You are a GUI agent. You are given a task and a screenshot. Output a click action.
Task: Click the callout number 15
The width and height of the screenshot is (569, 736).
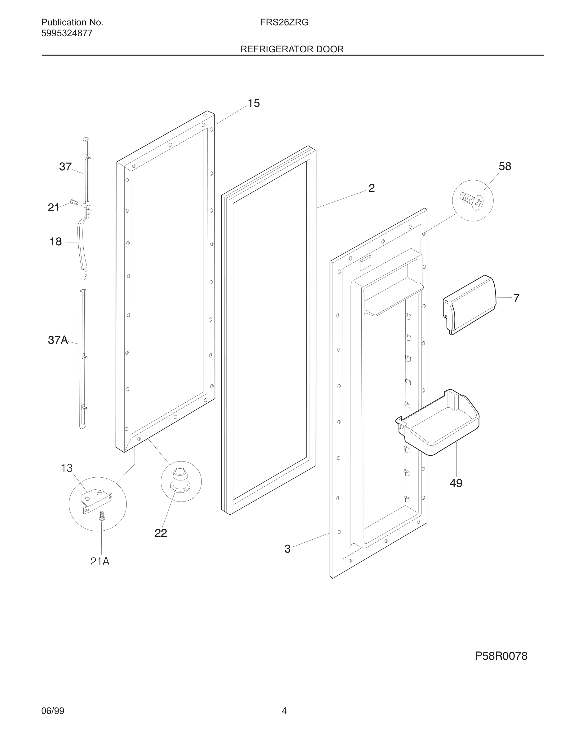tap(254, 103)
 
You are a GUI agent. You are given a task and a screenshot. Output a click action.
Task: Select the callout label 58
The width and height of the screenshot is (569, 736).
tap(505, 166)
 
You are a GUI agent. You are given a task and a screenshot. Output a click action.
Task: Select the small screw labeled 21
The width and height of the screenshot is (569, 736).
tap(73, 202)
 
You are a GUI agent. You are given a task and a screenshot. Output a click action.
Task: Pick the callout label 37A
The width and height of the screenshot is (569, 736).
tap(58, 340)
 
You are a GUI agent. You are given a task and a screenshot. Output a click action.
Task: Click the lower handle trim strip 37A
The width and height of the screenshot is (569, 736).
tap(83, 357)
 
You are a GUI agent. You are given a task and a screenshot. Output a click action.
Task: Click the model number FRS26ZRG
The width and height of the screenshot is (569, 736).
tap(284, 23)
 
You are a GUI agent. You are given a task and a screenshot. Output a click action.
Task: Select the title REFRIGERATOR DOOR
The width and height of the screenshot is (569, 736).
tap(292, 49)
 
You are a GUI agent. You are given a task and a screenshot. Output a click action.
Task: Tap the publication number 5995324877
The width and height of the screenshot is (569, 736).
tap(67, 33)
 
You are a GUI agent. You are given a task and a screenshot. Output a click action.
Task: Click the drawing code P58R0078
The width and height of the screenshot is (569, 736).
tap(501, 656)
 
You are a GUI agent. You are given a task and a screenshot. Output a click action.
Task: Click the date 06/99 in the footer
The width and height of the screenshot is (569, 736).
tap(53, 711)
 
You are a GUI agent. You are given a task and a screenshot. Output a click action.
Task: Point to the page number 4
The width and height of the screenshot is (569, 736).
tap(284, 711)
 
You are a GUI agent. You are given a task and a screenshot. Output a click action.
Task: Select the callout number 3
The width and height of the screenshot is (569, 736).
tap(287, 549)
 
